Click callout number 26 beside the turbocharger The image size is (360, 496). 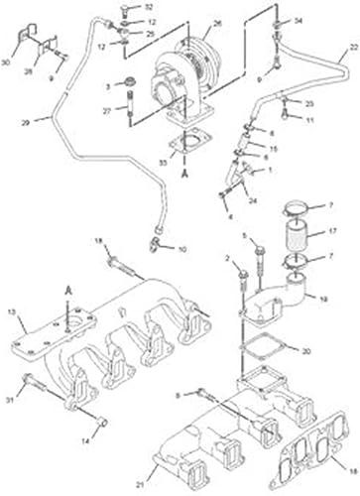pos(217,23)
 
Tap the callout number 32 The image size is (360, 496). pos(151,8)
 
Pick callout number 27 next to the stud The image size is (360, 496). pos(120,112)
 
